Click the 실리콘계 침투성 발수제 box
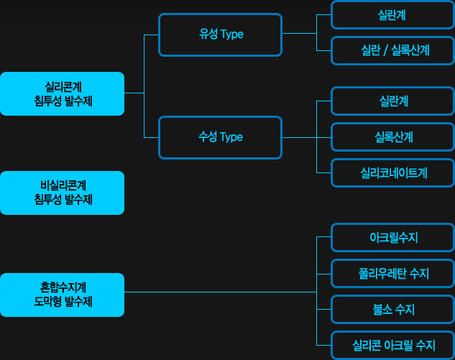62,93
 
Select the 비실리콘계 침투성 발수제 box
62,193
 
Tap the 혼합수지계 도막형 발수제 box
62,295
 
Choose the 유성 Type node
220,34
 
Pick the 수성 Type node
220,137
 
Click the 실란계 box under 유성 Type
392,15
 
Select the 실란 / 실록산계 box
392,50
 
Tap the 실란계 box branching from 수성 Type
392,101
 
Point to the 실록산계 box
392,137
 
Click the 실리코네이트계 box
392,173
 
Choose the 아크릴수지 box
392,238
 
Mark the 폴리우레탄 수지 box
392,274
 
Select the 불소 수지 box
392,309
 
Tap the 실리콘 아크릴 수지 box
392,345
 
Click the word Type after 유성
232,34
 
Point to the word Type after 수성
231,137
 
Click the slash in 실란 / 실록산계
385,50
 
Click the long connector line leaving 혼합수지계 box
221,292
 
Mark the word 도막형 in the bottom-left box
47,302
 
